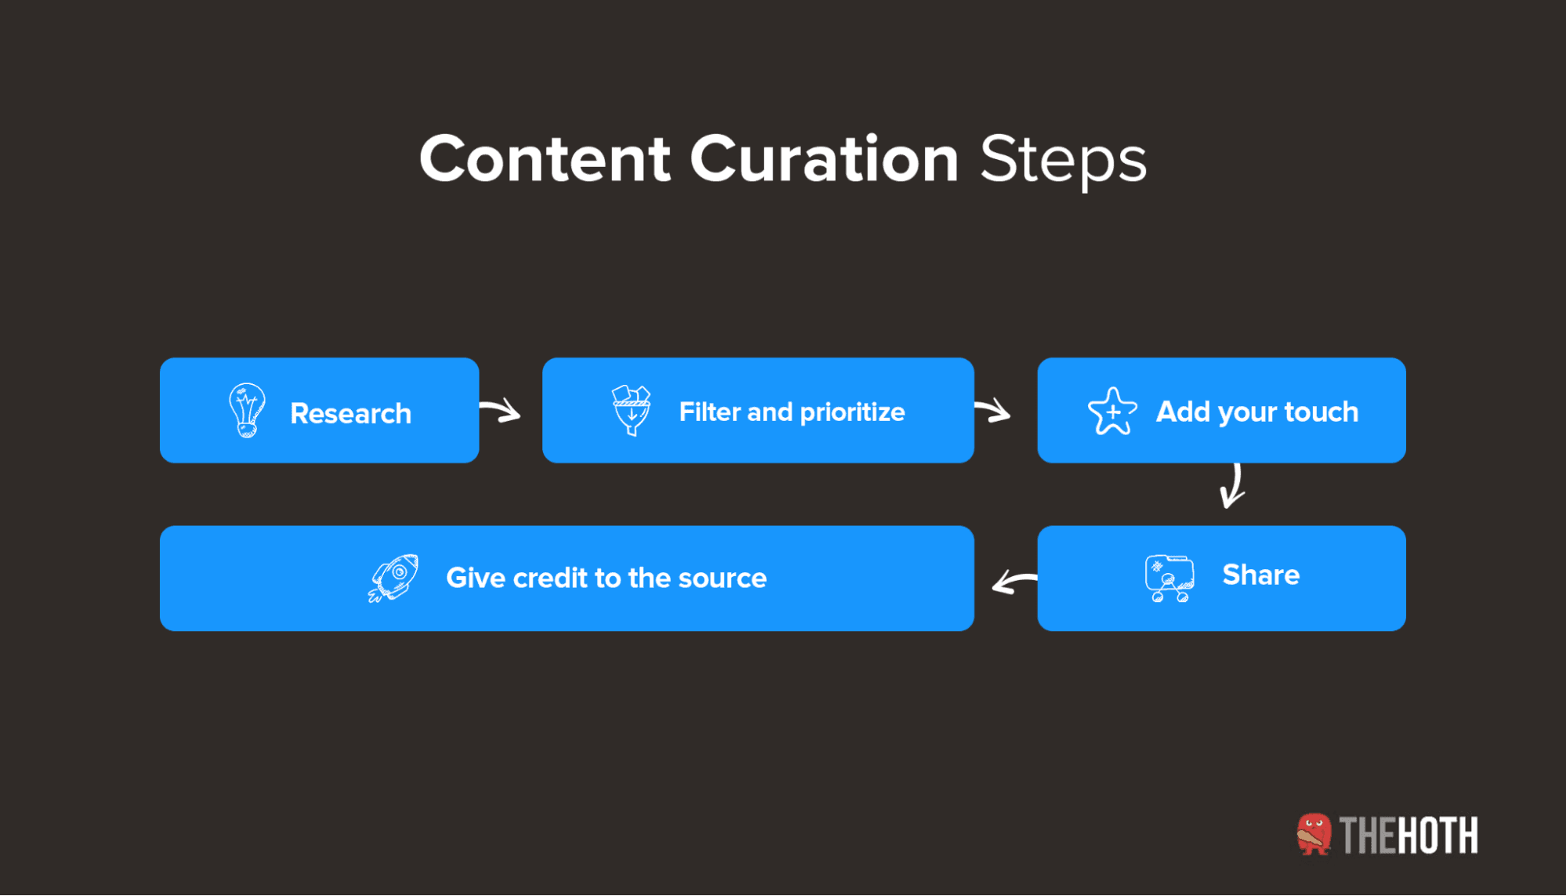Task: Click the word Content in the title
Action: (x=544, y=159)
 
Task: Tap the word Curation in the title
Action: (x=823, y=159)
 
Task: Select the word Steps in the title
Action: (x=1063, y=161)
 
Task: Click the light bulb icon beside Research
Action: (x=247, y=410)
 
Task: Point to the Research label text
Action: (x=350, y=413)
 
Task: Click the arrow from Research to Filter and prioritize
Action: (x=501, y=410)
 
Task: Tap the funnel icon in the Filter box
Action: (x=631, y=410)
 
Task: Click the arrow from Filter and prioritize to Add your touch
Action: (x=993, y=409)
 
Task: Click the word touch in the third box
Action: (x=1321, y=412)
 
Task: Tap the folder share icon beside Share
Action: (x=1169, y=578)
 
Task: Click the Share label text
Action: (x=1260, y=575)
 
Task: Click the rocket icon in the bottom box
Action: (x=393, y=578)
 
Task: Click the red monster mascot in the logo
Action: (x=1313, y=834)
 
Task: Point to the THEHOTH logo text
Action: (x=1409, y=836)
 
